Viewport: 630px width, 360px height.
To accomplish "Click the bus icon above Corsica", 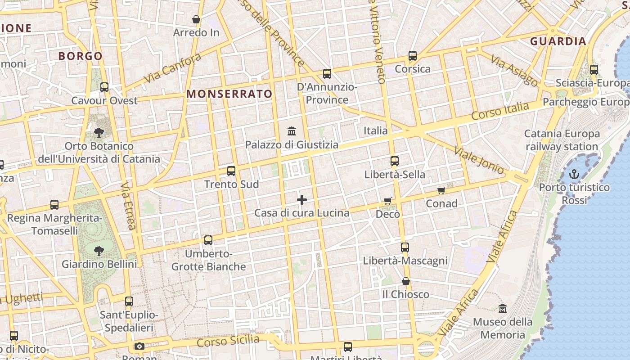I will [413, 56].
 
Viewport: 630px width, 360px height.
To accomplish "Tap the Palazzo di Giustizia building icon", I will [292, 131].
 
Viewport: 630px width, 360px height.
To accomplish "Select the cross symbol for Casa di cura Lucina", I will [302, 200].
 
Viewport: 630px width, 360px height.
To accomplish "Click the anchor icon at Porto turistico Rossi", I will [574, 174].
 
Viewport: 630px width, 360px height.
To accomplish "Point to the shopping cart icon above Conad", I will [441, 190].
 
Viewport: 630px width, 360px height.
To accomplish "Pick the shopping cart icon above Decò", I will [388, 201].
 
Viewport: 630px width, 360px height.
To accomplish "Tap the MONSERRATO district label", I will [229, 94].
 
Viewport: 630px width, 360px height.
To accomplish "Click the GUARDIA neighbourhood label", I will [558, 41].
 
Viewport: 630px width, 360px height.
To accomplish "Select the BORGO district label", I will [81, 56].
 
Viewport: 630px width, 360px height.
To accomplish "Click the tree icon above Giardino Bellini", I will [99, 251].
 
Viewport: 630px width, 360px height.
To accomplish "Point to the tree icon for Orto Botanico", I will [99, 132].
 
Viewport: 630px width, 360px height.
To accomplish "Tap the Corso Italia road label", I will [500, 111].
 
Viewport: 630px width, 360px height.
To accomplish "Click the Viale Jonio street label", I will [479, 160].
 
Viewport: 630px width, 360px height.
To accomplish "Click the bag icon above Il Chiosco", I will [406, 281].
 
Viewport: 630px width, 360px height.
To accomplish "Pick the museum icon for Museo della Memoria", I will [503, 309].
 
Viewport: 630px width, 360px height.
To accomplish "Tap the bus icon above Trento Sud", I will [231, 171].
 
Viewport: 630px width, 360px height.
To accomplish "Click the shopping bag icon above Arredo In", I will [196, 19].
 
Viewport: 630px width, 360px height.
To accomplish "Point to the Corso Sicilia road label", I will [228, 341].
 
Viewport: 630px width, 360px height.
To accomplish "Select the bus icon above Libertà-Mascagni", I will [405, 247].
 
